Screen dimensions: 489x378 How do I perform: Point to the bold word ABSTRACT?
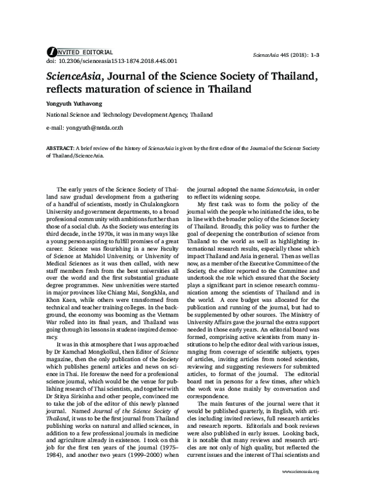coord(60,146)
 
